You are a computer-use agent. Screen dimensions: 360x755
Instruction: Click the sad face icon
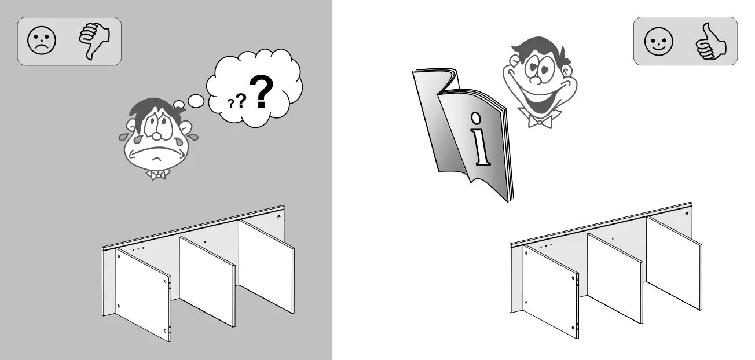42,42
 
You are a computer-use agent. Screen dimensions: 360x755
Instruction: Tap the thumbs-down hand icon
94,41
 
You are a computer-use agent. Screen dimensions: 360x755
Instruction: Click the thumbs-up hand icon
710,42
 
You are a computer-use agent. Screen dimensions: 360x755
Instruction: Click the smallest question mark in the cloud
230,104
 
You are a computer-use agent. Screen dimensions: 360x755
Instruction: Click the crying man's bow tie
156,174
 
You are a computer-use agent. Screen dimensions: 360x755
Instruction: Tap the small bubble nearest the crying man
179,105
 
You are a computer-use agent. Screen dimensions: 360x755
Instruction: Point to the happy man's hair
536,46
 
